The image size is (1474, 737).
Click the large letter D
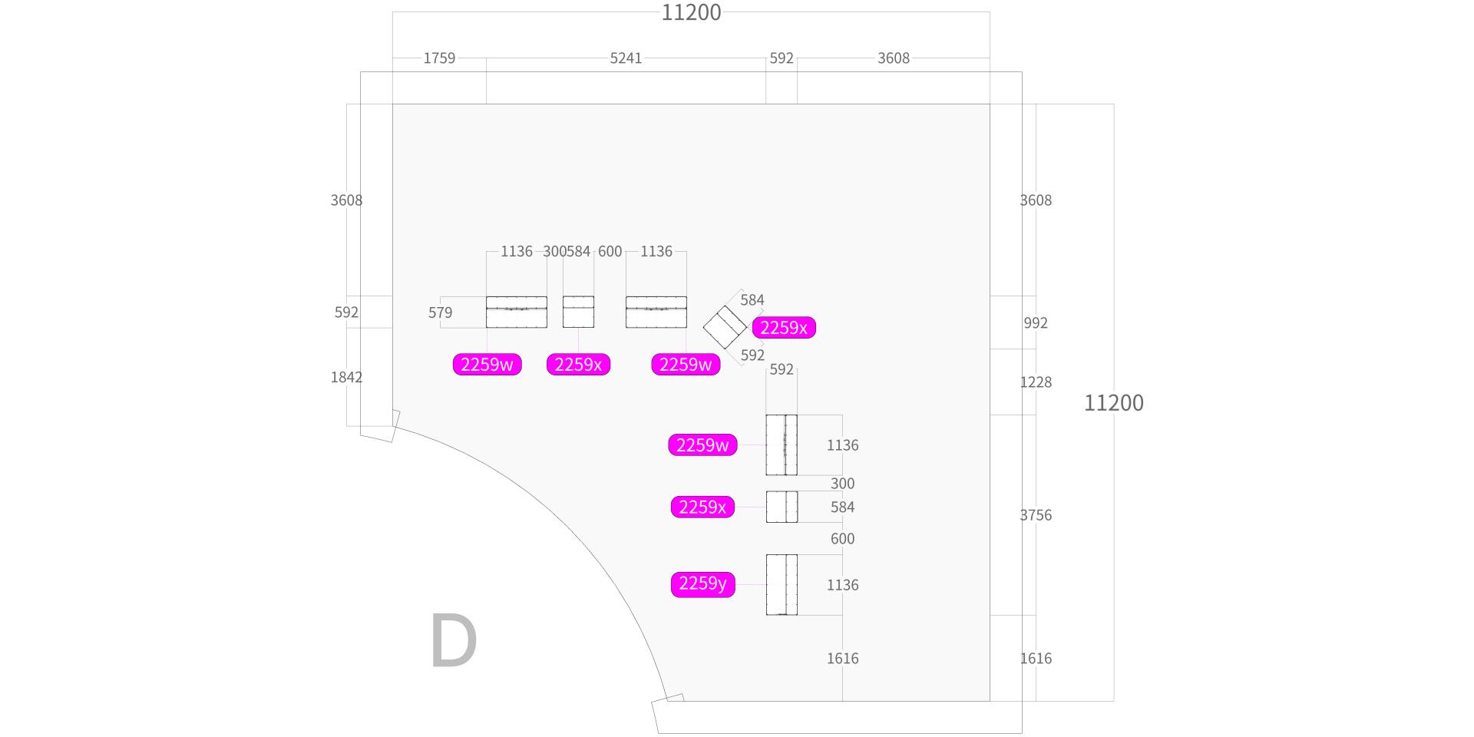point(454,641)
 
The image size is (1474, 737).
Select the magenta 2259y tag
point(702,584)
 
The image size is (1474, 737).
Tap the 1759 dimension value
point(439,58)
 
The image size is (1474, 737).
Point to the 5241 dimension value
point(626,58)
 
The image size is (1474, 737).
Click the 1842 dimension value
point(346,377)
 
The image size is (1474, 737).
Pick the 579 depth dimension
point(440,312)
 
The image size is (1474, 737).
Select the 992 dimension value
point(1036,323)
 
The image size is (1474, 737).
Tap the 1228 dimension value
point(1036,382)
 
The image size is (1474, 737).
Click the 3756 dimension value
point(1036,515)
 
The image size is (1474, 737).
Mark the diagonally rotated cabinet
point(725,327)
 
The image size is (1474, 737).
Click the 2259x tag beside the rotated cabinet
point(783,328)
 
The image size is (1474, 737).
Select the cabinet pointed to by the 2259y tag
point(782,584)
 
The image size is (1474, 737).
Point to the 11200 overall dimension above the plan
point(691,12)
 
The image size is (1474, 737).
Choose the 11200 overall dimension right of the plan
point(1113,403)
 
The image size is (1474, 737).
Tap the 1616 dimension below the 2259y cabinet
point(842,659)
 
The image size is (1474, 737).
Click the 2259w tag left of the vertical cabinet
point(702,445)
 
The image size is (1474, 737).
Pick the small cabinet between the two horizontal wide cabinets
point(578,312)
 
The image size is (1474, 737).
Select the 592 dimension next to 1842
point(346,312)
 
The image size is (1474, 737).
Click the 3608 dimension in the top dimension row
point(893,58)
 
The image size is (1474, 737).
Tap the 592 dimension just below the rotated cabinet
point(752,355)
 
